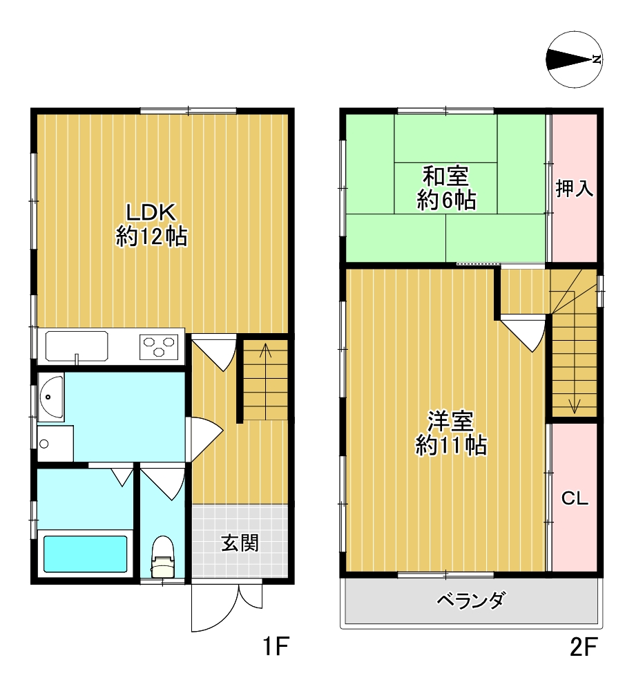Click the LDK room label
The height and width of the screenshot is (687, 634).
coord(151,212)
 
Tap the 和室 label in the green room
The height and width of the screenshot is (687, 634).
coord(445,176)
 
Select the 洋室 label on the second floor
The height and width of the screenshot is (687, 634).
coord(450,421)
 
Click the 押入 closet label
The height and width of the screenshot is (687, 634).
coord(574,189)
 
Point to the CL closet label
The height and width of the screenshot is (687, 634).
coord(575,498)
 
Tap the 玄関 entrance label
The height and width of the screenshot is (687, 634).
coord(240,543)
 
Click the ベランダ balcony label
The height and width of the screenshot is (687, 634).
coord(471,600)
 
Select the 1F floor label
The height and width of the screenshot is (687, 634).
coord(276,646)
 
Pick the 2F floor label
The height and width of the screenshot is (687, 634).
coord(584,646)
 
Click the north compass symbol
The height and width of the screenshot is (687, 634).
coord(575,59)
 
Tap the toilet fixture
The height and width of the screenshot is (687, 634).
coord(162,557)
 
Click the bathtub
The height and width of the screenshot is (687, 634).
coord(86,554)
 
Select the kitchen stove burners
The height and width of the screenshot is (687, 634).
coord(159,346)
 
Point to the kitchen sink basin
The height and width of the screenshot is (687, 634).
coord(77,346)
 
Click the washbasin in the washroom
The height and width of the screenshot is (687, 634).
coord(51,397)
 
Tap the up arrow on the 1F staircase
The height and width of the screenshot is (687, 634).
coord(265,381)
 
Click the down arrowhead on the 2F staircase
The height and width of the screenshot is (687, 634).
coord(574,406)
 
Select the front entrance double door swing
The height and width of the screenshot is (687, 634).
coord(227,607)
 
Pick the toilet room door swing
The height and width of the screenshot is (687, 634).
coord(163,484)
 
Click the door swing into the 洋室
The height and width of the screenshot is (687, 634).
coord(524,335)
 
